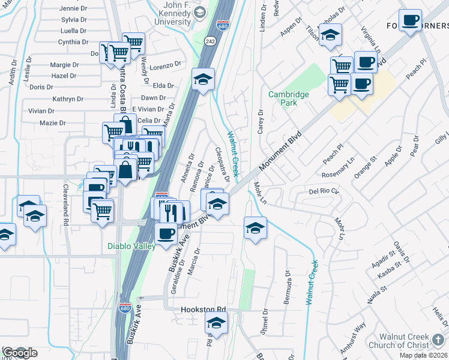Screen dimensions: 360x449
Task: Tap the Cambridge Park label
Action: tap(289, 98)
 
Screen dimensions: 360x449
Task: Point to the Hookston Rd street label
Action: tap(203, 310)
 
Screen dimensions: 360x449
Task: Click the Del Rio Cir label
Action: tap(324, 191)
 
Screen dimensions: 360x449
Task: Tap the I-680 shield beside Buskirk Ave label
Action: tap(124, 308)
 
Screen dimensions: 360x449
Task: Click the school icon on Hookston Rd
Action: tap(216, 323)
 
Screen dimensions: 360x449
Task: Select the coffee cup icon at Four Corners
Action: tap(411, 21)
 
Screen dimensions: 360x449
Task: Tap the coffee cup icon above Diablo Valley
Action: tap(166, 233)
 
